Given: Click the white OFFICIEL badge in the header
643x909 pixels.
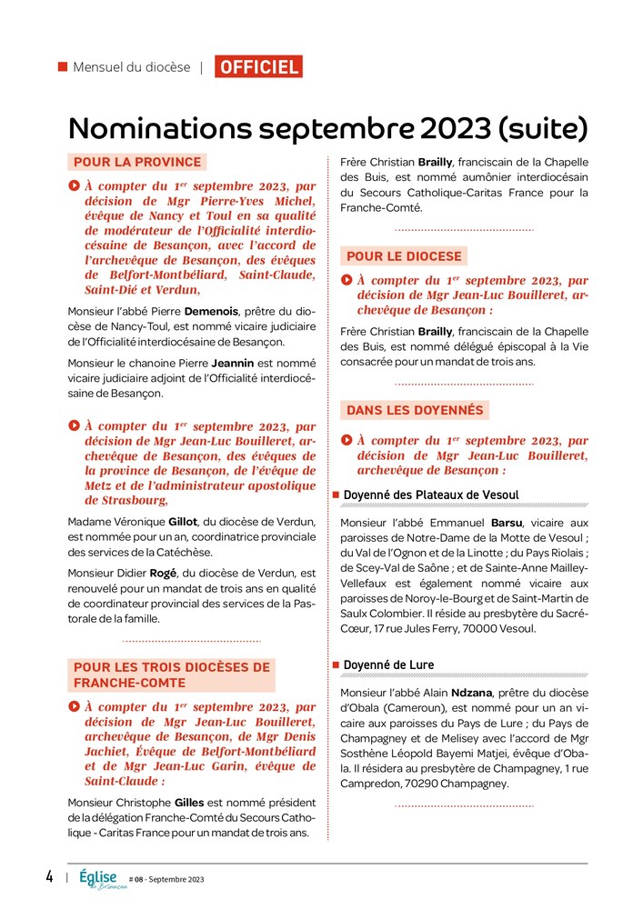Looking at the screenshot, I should coord(258,66).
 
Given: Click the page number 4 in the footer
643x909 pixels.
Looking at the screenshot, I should coord(49,877).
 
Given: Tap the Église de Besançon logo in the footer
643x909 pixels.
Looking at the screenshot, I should coord(102,878).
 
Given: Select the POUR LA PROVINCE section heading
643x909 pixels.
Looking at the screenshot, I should coord(137,163).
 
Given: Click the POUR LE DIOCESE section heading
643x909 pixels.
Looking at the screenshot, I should coord(405,256).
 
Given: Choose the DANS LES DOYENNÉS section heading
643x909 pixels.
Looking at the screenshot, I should coord(414,410).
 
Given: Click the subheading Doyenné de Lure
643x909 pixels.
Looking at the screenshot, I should coord(388,665).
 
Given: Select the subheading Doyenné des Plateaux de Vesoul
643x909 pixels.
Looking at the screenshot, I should coord(430,495).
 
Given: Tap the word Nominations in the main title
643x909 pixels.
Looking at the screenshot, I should coord(159,127).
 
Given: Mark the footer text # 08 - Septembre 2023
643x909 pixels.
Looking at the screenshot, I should coord(166,880).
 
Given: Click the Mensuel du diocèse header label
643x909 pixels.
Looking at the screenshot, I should coord(131,67).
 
